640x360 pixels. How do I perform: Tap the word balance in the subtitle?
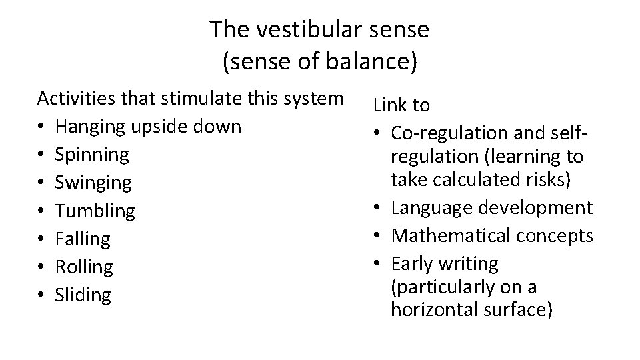(365, 62)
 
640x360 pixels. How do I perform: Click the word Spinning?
(92, 154)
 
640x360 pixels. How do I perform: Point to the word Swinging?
(93, 182)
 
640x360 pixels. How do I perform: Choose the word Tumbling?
(95, 211)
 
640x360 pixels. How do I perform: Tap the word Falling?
(83, 239)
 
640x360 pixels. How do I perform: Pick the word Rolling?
(84, 267)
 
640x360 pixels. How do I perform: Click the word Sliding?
(83, 295)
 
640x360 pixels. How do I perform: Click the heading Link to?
(401, 105)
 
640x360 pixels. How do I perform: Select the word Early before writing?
(411, 263)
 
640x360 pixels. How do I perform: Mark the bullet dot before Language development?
(378, 208)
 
